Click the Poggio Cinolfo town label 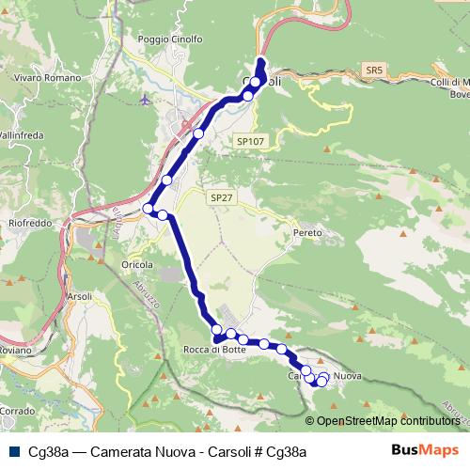click(x=170, y=39)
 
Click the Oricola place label click(x=137, y=265)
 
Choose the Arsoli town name click(x=79, y=296)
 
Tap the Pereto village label click(x=307, y=232)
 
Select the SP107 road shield click(x=250, y=141)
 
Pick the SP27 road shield click(x=220, y=198)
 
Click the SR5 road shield click(x=374, y=70)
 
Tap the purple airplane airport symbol click(x=144, y=98)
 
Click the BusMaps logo click(x=426, y=451)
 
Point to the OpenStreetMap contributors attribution click(x=387, y=421)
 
